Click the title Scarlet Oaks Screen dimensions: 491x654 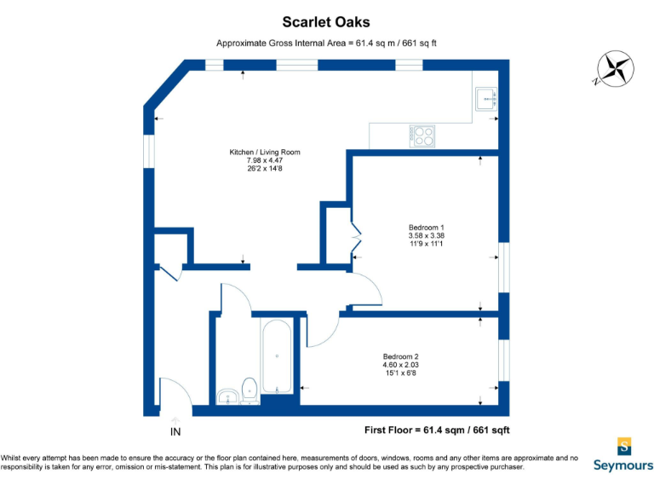(326, 22)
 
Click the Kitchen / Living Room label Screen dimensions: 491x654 (264, 153)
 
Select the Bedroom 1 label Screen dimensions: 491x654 (426, 228)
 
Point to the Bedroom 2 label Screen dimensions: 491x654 (399, 356)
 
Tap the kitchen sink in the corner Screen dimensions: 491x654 (487, 99)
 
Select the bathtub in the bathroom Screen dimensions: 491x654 (277, 356)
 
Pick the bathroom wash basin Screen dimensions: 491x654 (227, 396)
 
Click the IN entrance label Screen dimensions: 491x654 (175, 432)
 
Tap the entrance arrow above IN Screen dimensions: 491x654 (175, 420)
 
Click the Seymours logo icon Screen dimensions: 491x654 (624, 447)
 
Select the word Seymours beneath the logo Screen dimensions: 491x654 (623, 465)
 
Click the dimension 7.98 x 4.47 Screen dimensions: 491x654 (264, 161)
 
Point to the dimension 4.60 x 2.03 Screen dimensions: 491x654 (399, 365)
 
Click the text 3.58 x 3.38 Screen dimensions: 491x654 (426, 236)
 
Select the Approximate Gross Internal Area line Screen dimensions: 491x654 (326, 43)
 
